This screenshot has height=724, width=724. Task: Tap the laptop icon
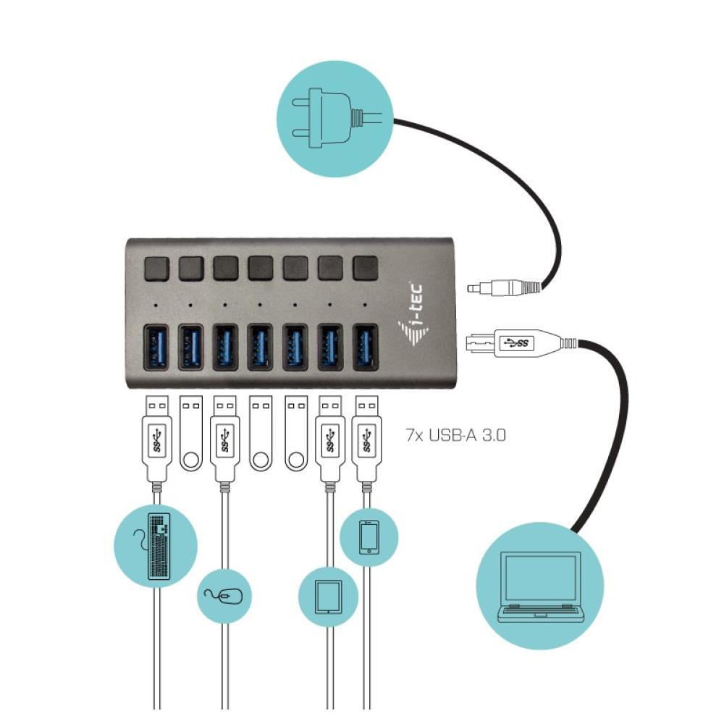click(540, 585)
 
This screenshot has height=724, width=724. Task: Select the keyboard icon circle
click(156, 545)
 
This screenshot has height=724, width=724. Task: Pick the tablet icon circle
click(328, 596)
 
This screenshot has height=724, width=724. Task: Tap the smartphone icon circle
click(369, 536)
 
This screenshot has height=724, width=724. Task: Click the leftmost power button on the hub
click(156, 269)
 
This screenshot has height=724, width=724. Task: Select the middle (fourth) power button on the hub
click(260, 269)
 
